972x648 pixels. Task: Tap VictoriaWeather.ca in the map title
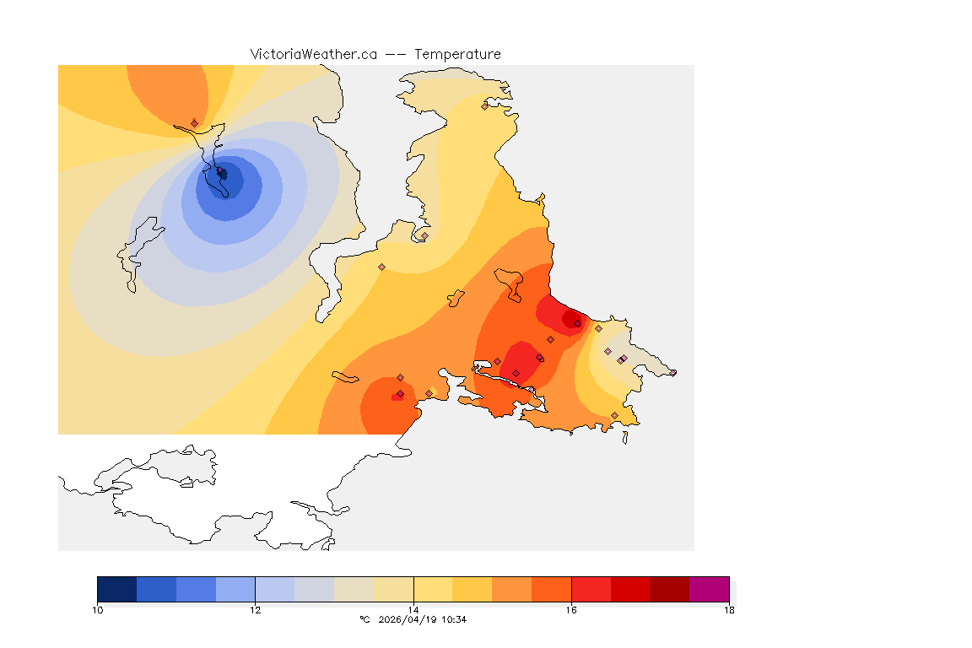click(313, 54)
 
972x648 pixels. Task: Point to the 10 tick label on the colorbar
click(98, 610)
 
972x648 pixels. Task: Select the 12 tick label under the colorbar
click(255, 610)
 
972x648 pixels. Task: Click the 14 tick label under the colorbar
click(413, 610)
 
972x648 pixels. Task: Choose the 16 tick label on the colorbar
click(571, 610)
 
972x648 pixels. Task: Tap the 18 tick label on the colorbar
click(729, 610)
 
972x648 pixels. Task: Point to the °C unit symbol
click(364, 619)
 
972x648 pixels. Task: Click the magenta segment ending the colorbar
click(709, 589)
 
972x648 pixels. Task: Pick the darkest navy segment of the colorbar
click(117, 589)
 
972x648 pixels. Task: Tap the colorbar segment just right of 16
click(591, 589)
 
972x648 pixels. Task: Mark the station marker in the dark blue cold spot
click(223, 175)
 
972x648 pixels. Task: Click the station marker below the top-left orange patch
click(194, 123)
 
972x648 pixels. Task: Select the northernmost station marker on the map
click(484, 106)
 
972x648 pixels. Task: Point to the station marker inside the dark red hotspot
click(577, 323)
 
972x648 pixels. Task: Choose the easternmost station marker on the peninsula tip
click(672, 373)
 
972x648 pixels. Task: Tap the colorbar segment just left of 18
click(669, 589)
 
